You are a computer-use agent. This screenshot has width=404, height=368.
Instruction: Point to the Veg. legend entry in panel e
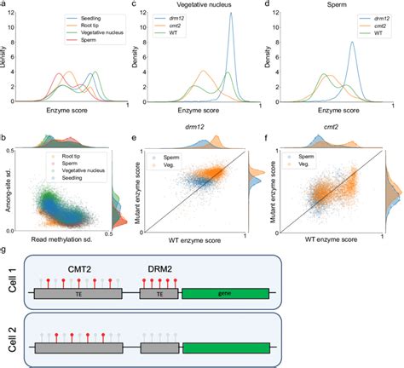[x=171, y=166]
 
